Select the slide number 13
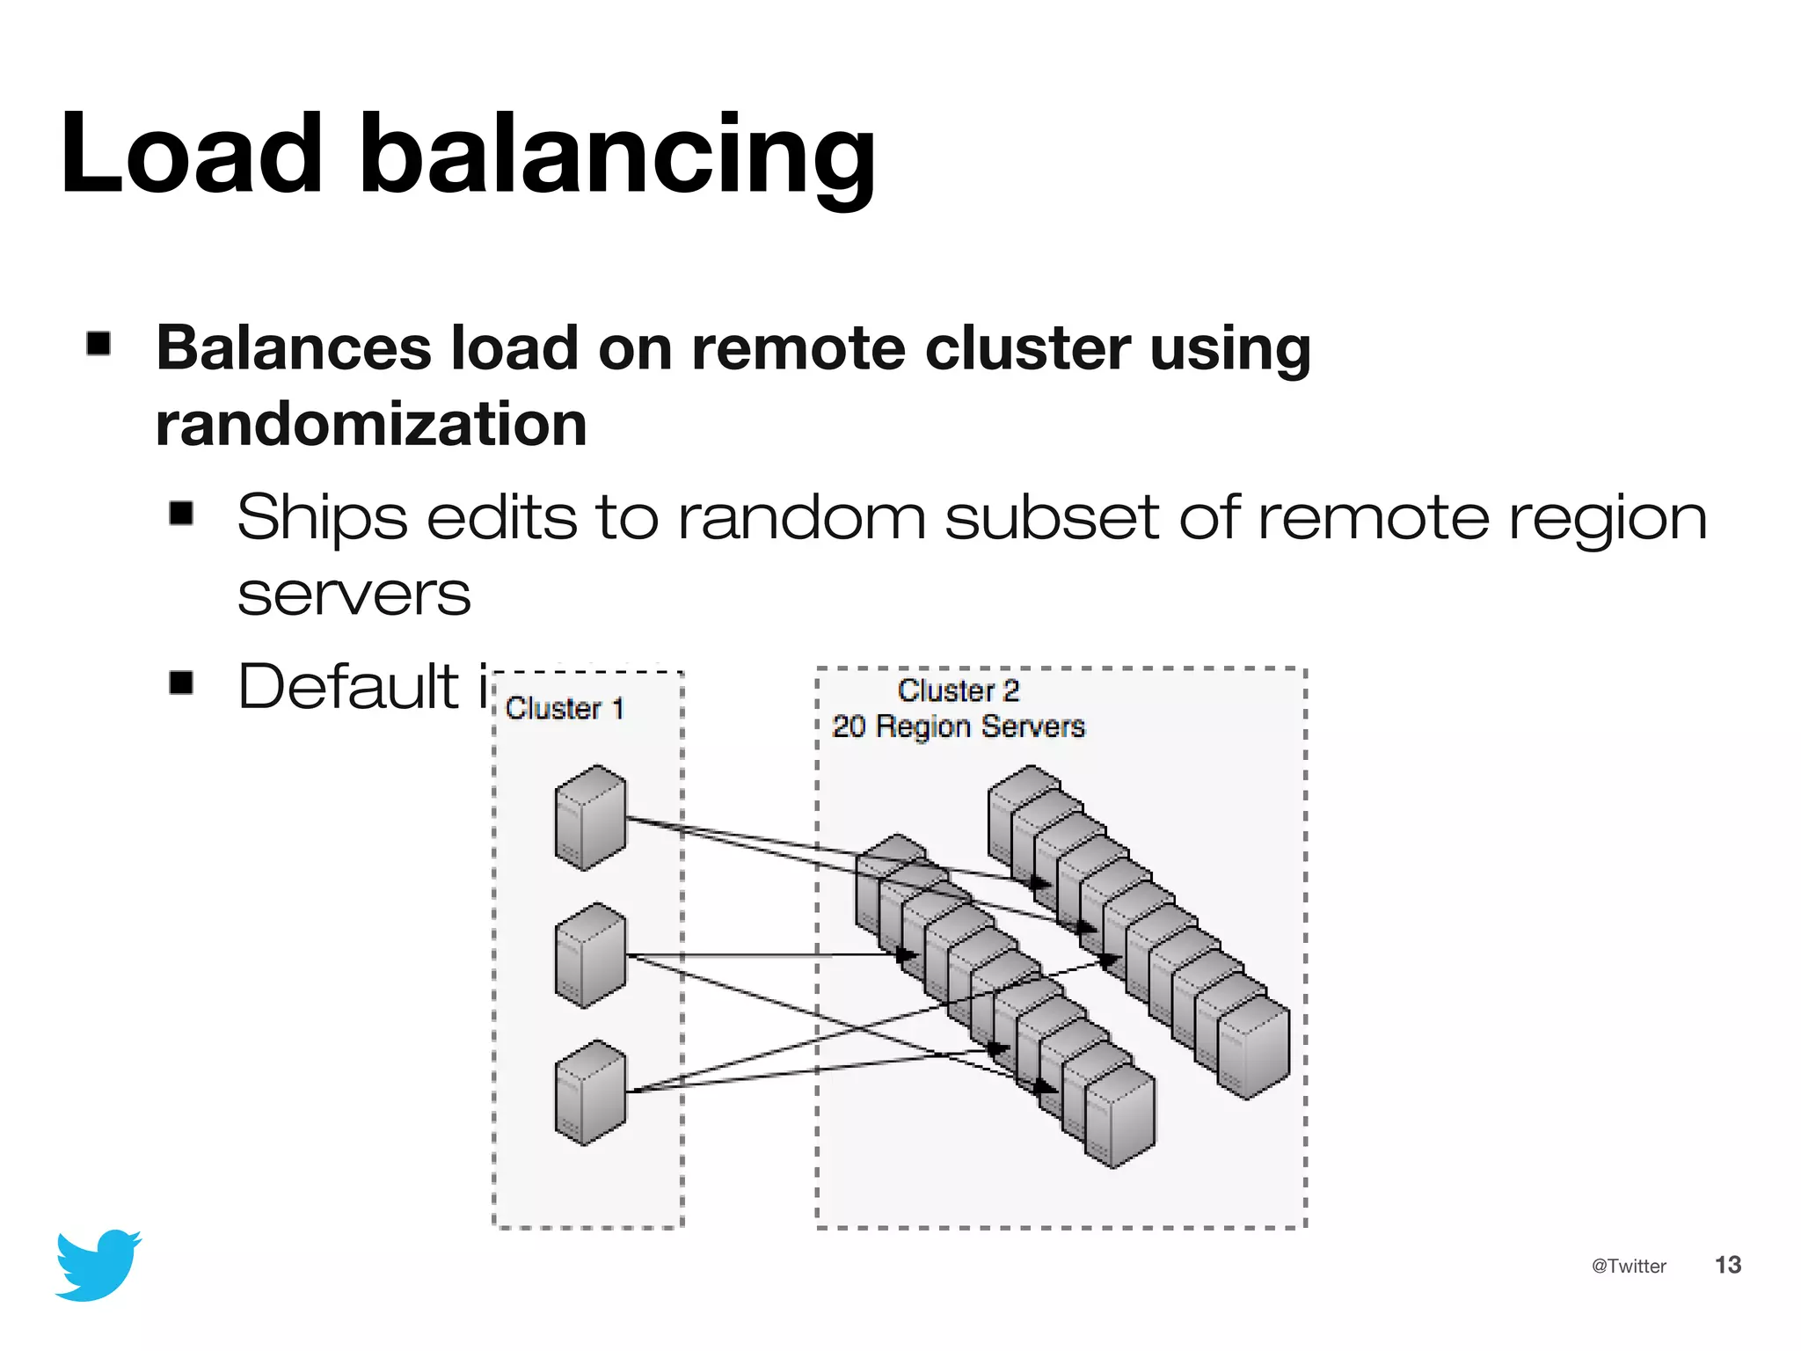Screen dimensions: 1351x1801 coord(1727,1265)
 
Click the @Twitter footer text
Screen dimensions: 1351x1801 coord(1629,1266)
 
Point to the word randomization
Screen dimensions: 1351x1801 coord(370,424)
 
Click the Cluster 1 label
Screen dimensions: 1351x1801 coord(565,708)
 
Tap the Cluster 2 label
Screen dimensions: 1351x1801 coord(958,690)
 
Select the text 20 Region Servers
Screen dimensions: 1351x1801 coord(958,727)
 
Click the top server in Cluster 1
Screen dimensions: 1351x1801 coord(590,817)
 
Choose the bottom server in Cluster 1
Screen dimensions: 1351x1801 coord(590,1092)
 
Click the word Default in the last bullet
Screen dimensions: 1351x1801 coord(348,686)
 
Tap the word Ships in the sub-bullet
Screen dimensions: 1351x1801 coord(322,519)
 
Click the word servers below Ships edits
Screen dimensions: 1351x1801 coord(354,595)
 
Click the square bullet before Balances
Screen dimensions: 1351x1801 coord(98,343)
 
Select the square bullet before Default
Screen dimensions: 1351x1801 coord(181,682)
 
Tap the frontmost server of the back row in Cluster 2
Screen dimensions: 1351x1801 coord(1253,1047)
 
